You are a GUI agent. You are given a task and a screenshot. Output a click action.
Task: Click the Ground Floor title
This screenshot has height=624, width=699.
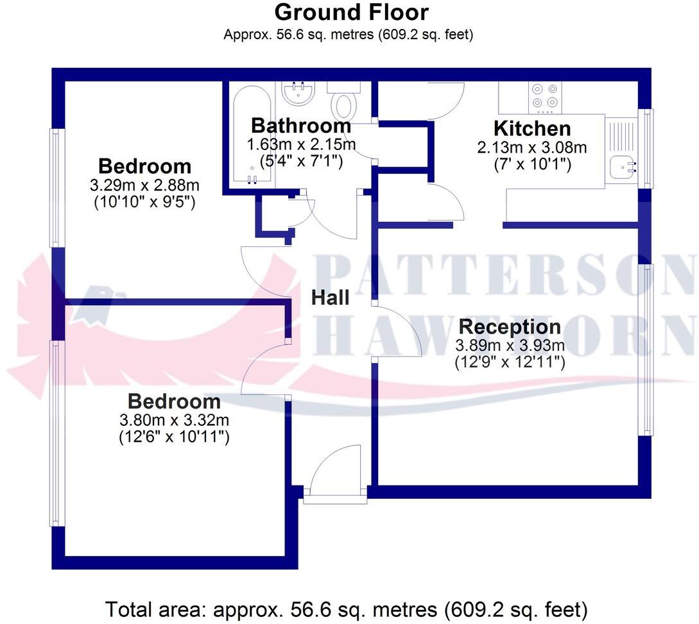tap(351, 12)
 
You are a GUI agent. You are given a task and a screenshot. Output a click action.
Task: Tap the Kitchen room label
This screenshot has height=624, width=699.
tap(531, 128)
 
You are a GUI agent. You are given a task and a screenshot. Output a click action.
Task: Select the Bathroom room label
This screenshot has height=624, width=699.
tap(301, 125)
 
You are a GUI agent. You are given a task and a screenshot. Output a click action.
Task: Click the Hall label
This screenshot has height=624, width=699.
tap(331, 298)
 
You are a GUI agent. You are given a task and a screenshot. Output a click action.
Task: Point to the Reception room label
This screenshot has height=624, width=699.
tap(510, 326)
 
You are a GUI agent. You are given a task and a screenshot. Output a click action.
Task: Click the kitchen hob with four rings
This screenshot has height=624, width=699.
tap(545, 97)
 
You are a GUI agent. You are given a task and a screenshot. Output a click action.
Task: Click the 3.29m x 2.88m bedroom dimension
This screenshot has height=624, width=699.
tap(145, 186)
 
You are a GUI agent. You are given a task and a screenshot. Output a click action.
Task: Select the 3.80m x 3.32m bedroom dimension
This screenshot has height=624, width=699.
tap(175, 421)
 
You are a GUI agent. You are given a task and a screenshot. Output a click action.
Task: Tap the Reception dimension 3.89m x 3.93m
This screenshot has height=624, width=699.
tap(510, 346)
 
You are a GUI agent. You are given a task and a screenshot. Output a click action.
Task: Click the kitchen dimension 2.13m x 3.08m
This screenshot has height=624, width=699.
tap(531, 148)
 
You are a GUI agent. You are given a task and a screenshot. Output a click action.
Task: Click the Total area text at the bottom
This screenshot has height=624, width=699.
tap(347, 608)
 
